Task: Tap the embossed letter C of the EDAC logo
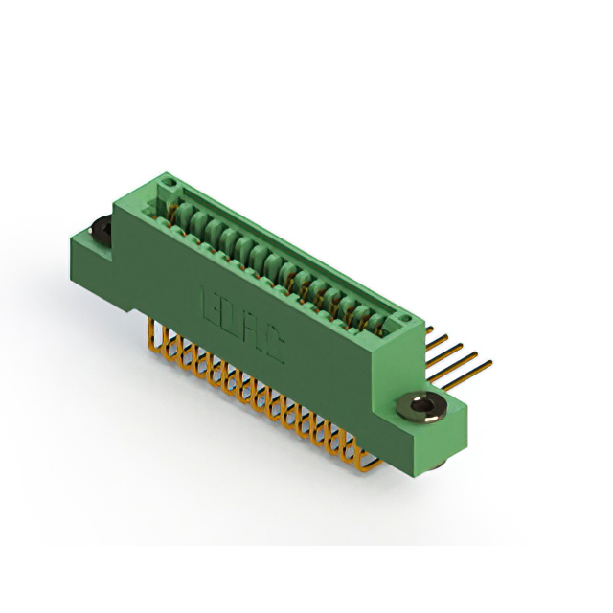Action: coord(272,349)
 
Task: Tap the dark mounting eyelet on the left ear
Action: coord(99,231)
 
